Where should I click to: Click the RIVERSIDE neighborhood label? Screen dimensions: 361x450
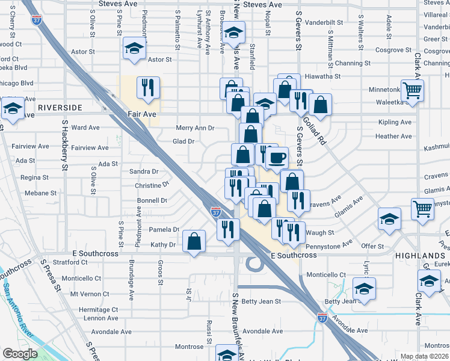tap(60, 107)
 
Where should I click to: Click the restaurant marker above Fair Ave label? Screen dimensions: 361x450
tap(147, 88)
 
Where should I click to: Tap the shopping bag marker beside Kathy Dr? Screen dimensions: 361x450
tap(194, 242)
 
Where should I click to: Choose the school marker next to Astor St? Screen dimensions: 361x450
tap(134, 49)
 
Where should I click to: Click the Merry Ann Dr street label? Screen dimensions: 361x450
tap(195, 128)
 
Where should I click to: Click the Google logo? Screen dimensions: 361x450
tap(19, 354)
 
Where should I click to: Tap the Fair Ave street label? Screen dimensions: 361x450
tap(141, 113)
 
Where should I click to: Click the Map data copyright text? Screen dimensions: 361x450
tap(424, 356)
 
